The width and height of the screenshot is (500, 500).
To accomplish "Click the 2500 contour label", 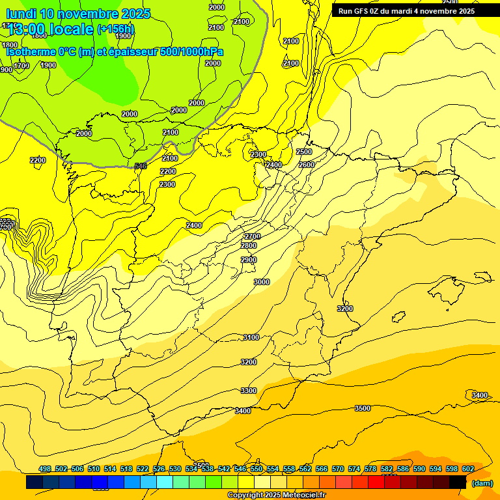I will (x=304, y=152).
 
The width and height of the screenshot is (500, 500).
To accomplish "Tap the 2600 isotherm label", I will (x=307, y=165).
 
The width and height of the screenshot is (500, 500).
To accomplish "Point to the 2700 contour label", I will (x=252, y=236).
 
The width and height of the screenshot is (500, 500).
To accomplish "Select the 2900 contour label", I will (x=249, y=260).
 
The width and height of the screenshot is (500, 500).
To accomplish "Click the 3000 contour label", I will (x=262, y=282).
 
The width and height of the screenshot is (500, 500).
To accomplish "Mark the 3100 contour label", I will (x=251, y=337).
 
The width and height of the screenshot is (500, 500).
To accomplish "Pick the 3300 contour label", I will (x=249, y=391).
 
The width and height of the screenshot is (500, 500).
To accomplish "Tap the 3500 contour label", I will (x=363, y=408).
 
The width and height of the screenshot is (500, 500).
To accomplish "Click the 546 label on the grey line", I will (x=141, y=166).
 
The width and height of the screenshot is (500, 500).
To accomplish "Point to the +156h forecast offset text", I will (x=115, y=29).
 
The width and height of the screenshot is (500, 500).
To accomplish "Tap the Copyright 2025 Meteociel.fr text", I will (x=276, y=495).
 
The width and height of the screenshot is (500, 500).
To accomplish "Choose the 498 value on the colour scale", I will (x=45, y=469).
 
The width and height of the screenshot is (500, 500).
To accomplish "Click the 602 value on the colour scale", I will (x=468, y=469).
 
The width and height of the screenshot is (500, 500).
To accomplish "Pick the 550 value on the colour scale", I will (x=257, y=469).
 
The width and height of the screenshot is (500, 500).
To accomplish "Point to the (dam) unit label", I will (x=482, y=483).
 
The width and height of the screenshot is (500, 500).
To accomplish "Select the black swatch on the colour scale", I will (x=458, y=482).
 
